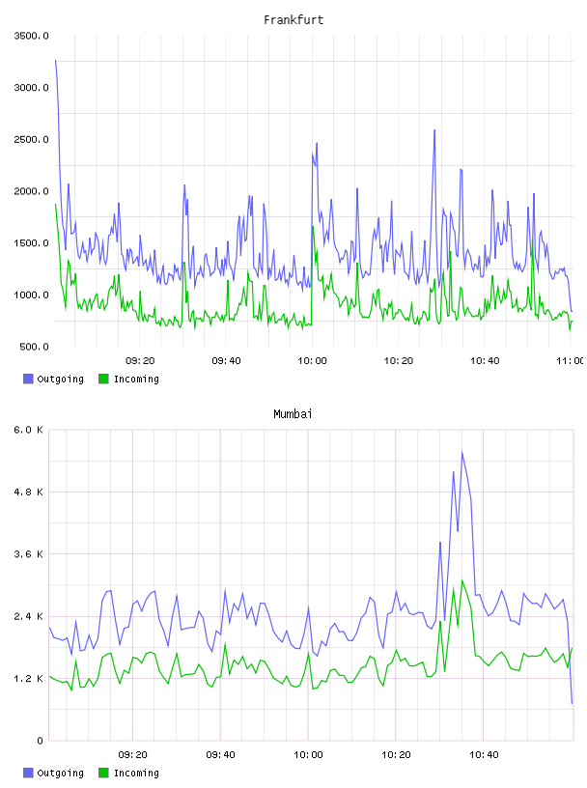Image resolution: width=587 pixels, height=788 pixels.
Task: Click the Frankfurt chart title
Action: (293, 20)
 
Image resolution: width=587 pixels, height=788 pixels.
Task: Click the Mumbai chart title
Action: (293, 414)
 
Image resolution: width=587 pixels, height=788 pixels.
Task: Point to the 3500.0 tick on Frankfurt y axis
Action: (31, 36)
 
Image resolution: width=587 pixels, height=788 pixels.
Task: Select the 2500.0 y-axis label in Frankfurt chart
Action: (31, 139)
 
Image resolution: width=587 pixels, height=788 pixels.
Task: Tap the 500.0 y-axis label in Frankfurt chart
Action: (34, 347)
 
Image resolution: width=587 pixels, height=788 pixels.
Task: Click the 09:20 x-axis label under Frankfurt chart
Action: (140, 361)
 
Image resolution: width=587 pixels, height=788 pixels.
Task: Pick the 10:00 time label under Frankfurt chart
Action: (312, 361)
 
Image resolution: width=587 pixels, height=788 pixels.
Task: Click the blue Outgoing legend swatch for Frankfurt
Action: (28, 379)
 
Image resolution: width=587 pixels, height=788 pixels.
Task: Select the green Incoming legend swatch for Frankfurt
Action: (103, 379)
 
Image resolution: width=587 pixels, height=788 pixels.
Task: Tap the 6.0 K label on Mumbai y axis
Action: (29, 430)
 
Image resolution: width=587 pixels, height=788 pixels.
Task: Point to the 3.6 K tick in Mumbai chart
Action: (29, 554)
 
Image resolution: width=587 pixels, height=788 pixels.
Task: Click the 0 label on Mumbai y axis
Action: (41, 741)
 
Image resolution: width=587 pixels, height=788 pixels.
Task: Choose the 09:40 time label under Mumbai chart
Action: (221, 755)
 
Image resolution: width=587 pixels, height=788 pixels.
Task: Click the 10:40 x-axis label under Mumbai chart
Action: (484, 755)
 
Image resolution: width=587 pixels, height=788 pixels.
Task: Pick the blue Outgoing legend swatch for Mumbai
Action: (28, 773)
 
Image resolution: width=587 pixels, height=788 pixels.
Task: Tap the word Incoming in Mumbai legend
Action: (136, 773)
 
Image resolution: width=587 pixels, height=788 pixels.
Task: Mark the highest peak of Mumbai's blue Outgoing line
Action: (461, 452)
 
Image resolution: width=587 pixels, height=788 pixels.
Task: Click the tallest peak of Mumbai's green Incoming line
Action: (461, 580)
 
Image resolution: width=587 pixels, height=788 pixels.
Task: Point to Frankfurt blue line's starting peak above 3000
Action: (55, 60)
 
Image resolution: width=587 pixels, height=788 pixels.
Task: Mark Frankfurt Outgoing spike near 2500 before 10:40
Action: (434, 130)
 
